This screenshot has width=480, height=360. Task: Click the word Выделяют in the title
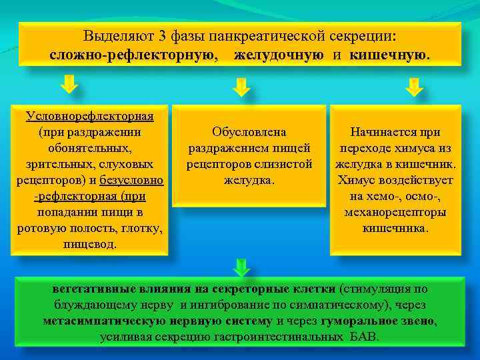click(113, 35)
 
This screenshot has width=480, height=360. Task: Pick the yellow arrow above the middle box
click(241, 87)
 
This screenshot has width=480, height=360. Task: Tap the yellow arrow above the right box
click(414, 87)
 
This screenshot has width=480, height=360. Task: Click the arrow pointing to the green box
click(241, 268)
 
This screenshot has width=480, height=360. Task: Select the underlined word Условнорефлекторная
click(90, 117)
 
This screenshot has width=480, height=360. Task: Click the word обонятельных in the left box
click(90, 148)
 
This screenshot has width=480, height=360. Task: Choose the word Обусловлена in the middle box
click(249, 132)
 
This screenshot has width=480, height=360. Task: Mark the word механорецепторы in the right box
click(395, 212)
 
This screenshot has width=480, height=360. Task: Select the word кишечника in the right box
click(395, 228)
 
